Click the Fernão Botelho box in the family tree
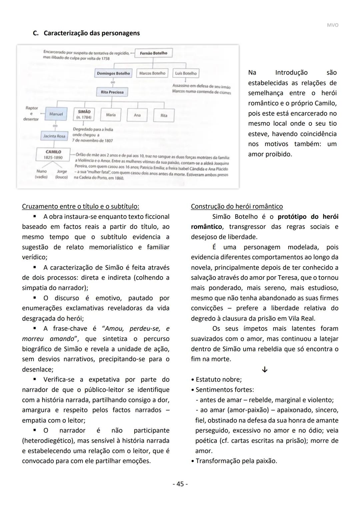click(x=153, y=53)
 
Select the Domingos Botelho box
click(x=113, y=73)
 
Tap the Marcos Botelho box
click(x=152, y=73)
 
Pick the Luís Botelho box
click(x=186, y=73)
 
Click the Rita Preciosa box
click(x=112, y=92)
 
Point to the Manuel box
click(x=56, y=114)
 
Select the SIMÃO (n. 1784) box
click(x=84, y=114)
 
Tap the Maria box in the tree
click(x=111, y=115)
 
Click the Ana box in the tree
click(x=137, y=115)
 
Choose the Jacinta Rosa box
click(x=54, y=136)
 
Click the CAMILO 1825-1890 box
click(x=53, y=154)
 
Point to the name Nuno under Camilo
click(x=42, y=171)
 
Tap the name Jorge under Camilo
click(x=62, y=171)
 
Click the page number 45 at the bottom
click(x=180, y=484)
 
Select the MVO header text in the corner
click(x=332, y=25)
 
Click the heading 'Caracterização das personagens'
click(x=92, y=33)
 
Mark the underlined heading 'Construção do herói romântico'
click(x=237, y=206)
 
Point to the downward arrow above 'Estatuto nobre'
click(x=265, y=370)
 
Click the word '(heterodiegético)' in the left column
click(x=49, y=441)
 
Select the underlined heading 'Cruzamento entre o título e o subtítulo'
click(x=80, y=206)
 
